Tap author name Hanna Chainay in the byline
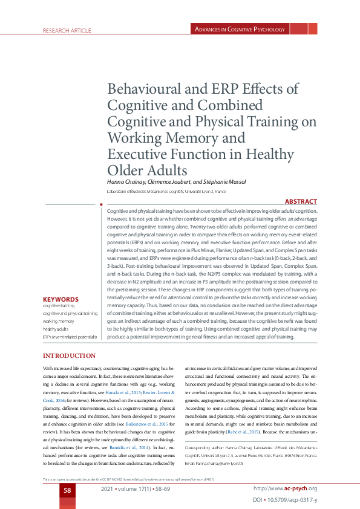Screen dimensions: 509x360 pos(128,181)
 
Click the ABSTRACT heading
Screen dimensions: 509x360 pos(300,201)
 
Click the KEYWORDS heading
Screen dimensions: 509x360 pos(61,299)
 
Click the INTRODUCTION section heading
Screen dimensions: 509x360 pos(68,355)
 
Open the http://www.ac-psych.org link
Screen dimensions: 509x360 pos(285,488)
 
